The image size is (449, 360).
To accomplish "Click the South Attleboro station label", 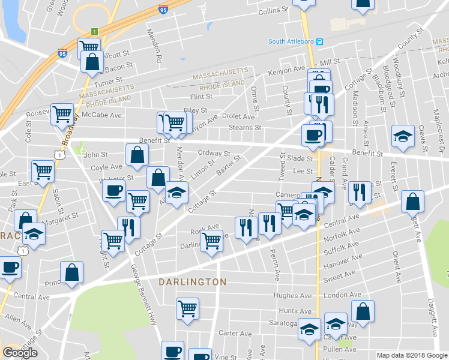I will point(291,41).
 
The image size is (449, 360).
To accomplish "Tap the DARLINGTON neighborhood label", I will point(193,281).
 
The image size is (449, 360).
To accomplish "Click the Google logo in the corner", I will point(20,353).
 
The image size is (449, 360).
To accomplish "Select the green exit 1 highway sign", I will point(94,31).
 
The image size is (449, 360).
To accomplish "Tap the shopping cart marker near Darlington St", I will point(211,241).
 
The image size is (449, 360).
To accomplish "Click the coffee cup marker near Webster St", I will point(113,191).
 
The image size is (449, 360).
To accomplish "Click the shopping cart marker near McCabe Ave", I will point(62,114).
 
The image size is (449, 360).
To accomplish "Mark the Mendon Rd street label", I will point(159,48).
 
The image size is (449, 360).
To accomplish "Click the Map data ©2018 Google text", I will point(411,355).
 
